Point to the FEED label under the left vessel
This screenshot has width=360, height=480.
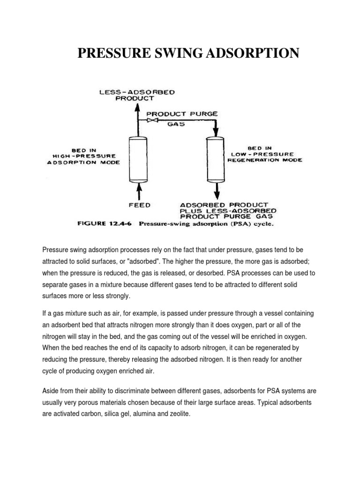coord(139,205)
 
